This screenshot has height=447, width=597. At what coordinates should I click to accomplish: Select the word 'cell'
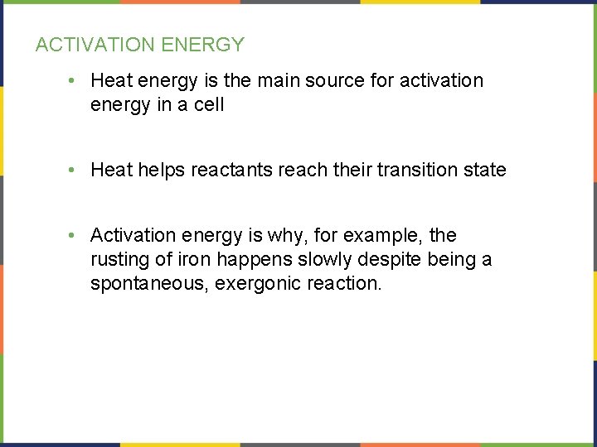209,105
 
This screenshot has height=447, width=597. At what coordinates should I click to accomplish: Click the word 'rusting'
119,260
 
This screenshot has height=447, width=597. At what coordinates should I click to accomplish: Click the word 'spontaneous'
149,284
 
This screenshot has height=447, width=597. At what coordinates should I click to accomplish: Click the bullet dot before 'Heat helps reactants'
74,171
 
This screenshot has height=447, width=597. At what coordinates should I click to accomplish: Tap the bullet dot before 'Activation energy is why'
74,236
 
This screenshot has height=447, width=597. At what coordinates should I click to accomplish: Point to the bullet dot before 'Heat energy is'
74,81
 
